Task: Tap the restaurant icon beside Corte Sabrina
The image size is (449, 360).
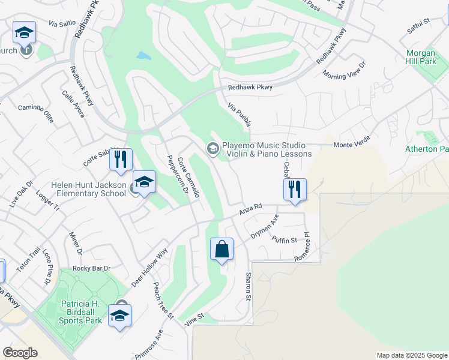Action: click(121, 160)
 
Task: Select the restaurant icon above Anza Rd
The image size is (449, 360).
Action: click(295, 190)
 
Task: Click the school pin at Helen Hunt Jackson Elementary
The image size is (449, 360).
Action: click(144, 182)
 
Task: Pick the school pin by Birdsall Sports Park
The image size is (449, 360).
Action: click(119, 316)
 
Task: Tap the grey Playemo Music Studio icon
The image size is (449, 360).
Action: click(212, 148)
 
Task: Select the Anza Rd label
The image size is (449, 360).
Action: click(251, 208)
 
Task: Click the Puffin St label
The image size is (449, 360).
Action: click(285, 240)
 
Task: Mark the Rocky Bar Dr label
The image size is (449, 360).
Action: click(91, 268)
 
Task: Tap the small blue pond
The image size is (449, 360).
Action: click(143, 56)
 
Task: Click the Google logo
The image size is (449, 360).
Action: click(20, 353)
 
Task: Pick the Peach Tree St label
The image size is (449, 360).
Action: click(163, 301)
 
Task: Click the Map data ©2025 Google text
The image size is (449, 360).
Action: click(412, 355)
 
